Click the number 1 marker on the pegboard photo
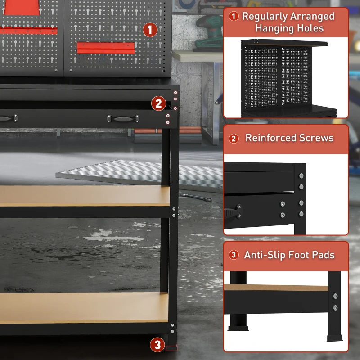[x=150, y=30]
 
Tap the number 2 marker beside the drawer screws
[x=158, y=103]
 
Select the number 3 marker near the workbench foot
[x=157, y=345]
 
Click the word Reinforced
[x=267, y=138]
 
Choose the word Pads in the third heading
[x=323, y=255]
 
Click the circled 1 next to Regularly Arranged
[x=234, y=17]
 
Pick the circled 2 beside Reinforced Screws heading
[x=234, y=139]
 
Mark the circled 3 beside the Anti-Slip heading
[x=234, y=255]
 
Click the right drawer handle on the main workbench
[x=123, y=118]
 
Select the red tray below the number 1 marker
[x=106, y=47]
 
